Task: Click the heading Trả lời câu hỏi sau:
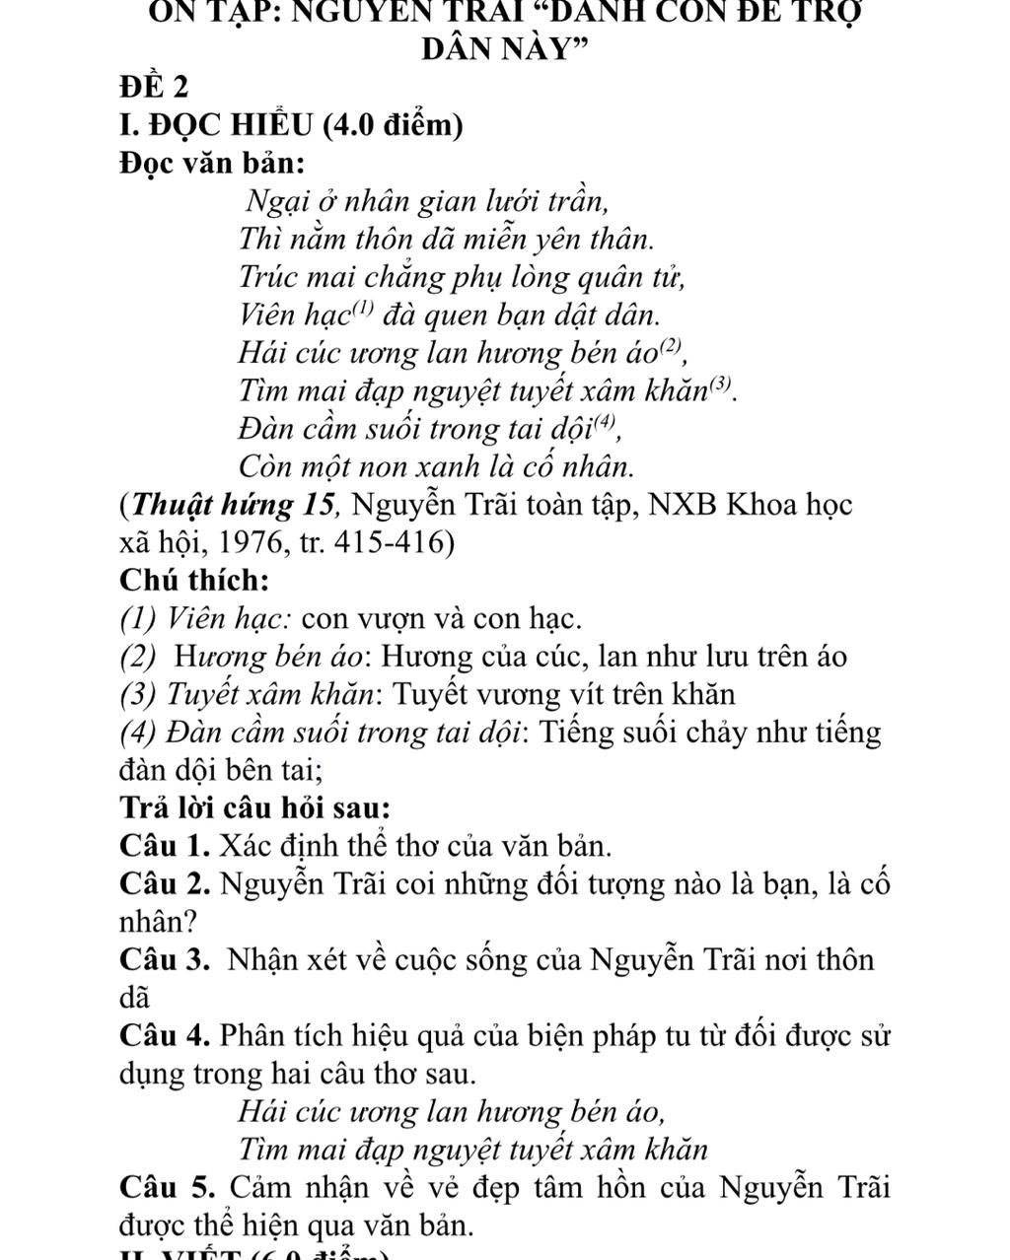pos(254,807)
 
